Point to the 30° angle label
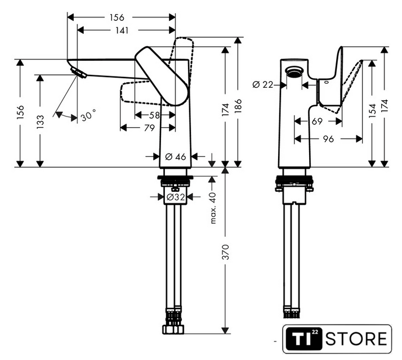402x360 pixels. click(x=88, y=116)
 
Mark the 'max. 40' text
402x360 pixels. click(x=213, y=208)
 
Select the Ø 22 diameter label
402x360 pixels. click(x=263, y=84)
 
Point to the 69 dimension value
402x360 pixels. click(x=317, y=121)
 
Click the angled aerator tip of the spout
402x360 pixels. click(x=77, y=71)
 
